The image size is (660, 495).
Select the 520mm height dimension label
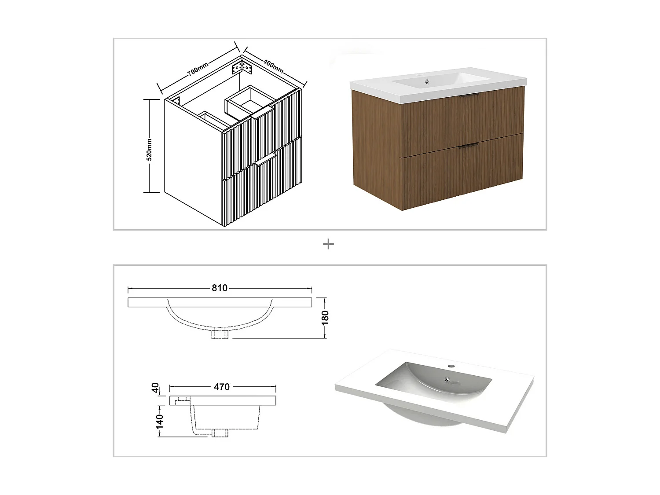tap(149, 150)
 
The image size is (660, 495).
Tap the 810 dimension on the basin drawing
tap(220, 288)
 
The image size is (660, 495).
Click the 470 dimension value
tap(222, 387)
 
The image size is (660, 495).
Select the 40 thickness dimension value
tap(155, 388)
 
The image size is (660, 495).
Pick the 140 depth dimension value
tap(159, 421)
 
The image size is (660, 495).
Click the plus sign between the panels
tap(328, 244)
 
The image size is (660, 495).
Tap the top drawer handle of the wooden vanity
tap(469, 95)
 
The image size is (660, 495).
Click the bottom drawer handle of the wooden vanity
tap(468, 146)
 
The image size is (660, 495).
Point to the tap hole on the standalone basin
tap(451, 366)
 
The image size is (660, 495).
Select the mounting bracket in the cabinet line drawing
tap(242, 68)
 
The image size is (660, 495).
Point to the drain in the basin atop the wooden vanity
tap(426, 81)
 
